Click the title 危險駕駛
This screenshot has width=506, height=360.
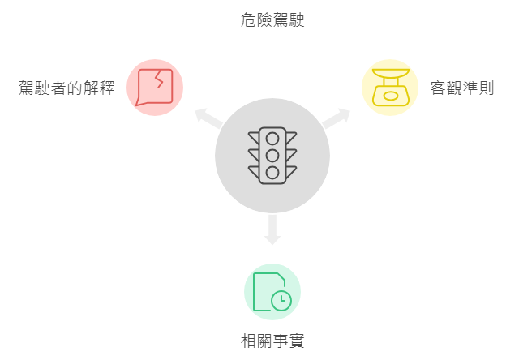tap(272, 20)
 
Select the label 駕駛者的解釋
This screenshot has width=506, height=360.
tap(66, 88)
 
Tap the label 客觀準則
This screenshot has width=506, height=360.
tap(462, 88)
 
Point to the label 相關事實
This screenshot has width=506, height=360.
tap(272, 341)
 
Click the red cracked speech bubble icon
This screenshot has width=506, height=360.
tap(154, 88)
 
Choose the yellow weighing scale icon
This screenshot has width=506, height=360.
tap(391, 88)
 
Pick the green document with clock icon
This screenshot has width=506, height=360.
tap(272, 292)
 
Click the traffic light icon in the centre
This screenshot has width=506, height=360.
tap(272, 156)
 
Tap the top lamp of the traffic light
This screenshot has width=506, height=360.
tap(272, 139)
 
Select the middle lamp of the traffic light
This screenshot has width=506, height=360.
tap(272, 156)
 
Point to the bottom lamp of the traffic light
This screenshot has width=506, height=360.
tap(272, 173)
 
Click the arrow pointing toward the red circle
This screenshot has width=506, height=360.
tap(208, 118)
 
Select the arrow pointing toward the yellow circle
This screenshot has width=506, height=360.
tap(336, 118)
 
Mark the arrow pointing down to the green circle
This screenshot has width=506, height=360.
tap(272, 229)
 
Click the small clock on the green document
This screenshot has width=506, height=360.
tap(281, 301)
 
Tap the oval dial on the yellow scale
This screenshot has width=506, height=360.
tap(391, 96)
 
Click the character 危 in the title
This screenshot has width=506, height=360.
tap(248, 20)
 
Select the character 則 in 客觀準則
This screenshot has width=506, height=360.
tap(487, 88)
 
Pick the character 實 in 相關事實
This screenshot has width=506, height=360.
tap(297, 341)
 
